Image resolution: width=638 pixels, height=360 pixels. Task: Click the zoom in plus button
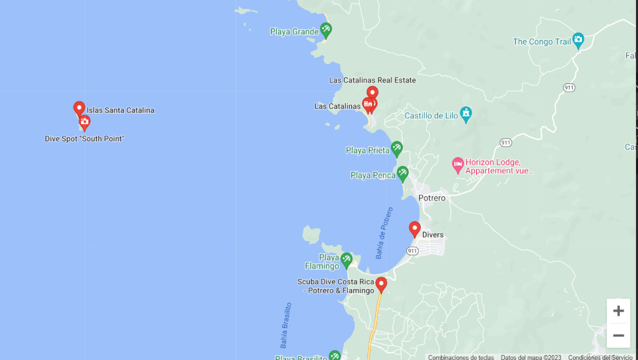pyautogui.click(x=618, y=311)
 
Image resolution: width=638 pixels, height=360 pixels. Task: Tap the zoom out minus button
pyautogui.click(x=618, y=336)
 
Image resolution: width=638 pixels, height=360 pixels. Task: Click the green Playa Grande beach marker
pyautogui.click(x=326, y=29)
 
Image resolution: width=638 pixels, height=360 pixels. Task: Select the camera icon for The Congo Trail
pyautogui.click(x=578, y=40)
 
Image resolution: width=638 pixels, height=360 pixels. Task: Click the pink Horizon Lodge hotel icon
pyautogui.click(x=458, y=165)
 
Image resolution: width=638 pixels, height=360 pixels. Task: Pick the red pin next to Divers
pyautogui.click(x=414, y=229)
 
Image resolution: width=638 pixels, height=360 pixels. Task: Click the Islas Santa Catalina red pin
pyautogui.click(x=79, y=108)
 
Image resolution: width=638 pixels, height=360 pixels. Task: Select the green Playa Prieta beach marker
pyautogui.click(x=397, y=148)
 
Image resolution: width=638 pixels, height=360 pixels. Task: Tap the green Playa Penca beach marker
pyautogui.click(x=403, y=173)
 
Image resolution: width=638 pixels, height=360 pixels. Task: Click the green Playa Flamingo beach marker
pyautogui.click(x=346, y=259)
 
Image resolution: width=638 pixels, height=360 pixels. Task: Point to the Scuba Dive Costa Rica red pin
pyautogui.click(x=381, y=284)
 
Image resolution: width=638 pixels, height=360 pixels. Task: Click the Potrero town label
pyautogui.click(x=432, y=198)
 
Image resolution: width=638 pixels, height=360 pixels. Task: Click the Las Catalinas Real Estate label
pyautogui.click(x=372, y=80)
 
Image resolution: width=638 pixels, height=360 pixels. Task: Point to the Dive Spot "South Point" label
pyautogui.click(x=84, y=139)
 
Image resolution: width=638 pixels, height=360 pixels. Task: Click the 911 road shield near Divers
pyautogui.click(x=412, y=251)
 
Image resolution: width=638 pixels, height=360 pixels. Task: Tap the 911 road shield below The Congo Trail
pyautogui.click(x=568, y=88)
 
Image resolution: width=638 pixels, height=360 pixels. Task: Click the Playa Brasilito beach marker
pyautogui.click(x=335, y=356)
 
